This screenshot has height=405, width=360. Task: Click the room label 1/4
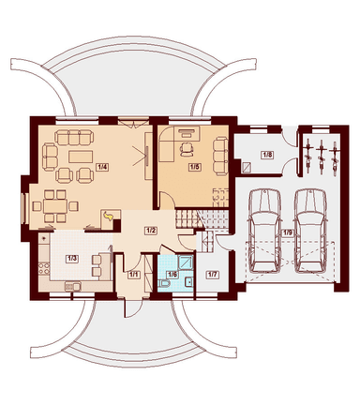click(x=102, y=167)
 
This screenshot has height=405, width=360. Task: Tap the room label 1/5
click(x=194, y=167)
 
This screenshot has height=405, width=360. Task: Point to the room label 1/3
click(x=72, y=259)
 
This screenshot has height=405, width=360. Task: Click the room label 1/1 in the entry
click(x=134, y=275)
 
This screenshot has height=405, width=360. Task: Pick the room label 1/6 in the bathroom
click(x=172, y=275)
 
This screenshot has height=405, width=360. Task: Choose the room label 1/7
click(x=212, y=275)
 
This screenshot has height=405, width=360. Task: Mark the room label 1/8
click(x=268, y=155)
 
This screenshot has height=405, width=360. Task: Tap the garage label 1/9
click(x=288, y=232)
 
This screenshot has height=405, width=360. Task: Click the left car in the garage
click(x=264, y=230)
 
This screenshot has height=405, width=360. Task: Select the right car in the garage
click(x=311, y=230)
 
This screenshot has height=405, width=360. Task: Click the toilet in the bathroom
click(x=164, y=283)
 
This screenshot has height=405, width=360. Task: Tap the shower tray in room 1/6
click(x=186, y=262)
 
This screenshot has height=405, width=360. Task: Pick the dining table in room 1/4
click(x=55, y=206)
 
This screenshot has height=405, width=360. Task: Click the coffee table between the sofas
click(x=81, y=157)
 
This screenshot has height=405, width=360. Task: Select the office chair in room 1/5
click(x=187, y=149)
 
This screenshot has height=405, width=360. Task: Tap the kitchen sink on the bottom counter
click(x=73, y=286)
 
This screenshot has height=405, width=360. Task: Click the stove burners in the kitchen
click(x=44, y=268)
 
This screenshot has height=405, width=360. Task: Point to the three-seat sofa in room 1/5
click(x=220, y=156)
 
